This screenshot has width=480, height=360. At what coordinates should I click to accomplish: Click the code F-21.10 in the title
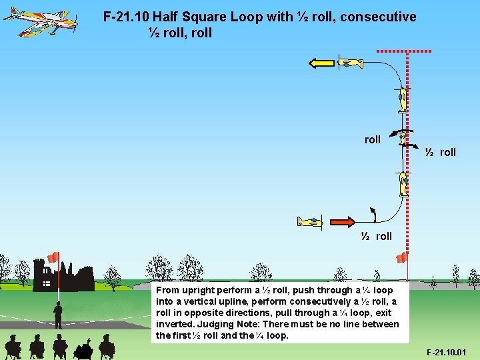(126, 17)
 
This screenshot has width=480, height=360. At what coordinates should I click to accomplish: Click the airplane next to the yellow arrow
(350, 63)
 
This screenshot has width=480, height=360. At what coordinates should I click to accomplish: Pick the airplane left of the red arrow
(311, 221)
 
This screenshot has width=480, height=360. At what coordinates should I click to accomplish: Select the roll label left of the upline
(373, 140)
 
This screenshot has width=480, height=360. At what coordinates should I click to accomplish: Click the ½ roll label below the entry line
(377, 237)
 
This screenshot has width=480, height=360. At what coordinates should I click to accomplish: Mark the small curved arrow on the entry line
(373, 214)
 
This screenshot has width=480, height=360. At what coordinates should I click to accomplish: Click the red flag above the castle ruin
(53, 257)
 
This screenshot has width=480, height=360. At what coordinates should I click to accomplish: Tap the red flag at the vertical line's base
(402, 257)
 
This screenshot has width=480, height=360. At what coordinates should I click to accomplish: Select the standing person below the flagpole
(59, 315)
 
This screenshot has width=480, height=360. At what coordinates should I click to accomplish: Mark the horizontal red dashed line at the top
(404, 51)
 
